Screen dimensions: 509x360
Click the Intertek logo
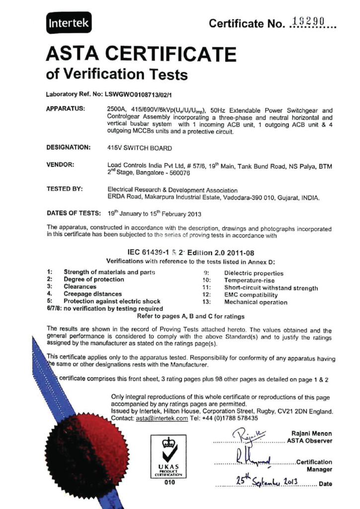pyautogui.click(x=69, y=22)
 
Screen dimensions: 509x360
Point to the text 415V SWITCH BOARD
pyautogui.click(x=140, y=148)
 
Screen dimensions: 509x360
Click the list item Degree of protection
pyautogui.click(x=94, y=280)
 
